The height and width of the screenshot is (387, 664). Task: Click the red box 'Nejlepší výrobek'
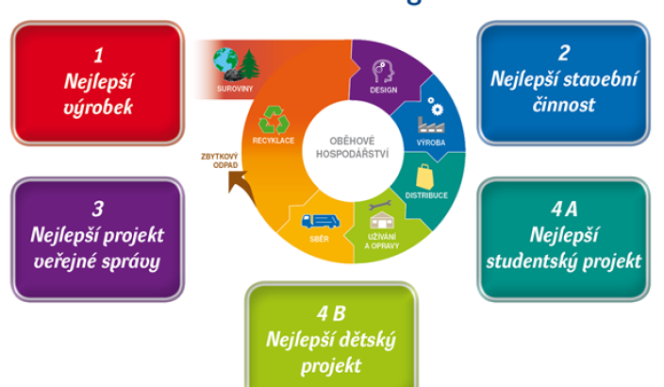tap(97, 83)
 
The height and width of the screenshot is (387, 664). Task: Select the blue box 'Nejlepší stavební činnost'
tap(563, 81)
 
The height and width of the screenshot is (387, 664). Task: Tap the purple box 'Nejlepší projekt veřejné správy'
tap(97, 237)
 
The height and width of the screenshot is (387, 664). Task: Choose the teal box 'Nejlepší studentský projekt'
tap(563, 236)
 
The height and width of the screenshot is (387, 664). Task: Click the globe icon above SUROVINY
tap(226, 62)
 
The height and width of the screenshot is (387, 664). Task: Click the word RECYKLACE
tap(273, 141)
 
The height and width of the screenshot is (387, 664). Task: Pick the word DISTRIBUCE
tap(428, 195)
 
